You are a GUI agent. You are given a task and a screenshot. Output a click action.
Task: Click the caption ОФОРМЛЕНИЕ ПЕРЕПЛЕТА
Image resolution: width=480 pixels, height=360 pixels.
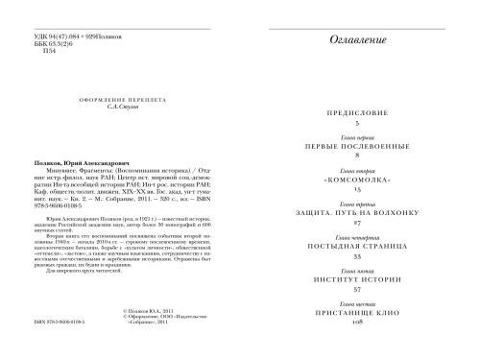pos(111,102)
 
